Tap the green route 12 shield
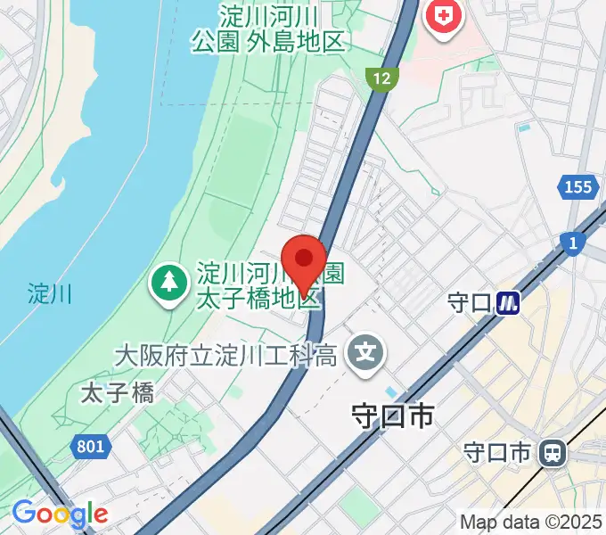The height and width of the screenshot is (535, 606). (381, 79)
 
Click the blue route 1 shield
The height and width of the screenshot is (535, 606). (569, 242)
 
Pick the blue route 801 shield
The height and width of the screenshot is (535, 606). (89, 447)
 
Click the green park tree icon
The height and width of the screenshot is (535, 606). (167, 283)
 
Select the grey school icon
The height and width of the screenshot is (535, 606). (365, 354)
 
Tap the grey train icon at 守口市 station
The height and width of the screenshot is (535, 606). (553, 453)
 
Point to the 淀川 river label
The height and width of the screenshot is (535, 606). (49, 292)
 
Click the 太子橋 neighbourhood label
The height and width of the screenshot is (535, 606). (117, 391)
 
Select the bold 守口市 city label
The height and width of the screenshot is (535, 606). (392, 416)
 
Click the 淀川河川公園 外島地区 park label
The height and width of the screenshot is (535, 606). (268, 29)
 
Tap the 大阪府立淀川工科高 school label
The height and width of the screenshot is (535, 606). (225, 356)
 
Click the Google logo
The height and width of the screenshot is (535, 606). (60, 514)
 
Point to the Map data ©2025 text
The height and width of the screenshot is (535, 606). (531, 521)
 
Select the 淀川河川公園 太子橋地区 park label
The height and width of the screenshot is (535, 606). (258, 284)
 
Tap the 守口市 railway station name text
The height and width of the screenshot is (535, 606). (497, 453)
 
